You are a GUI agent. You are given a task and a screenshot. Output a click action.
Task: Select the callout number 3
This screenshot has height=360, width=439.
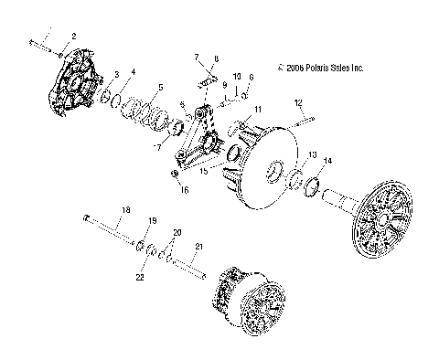116,74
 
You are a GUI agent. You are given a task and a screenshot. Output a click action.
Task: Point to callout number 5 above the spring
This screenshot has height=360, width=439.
161,88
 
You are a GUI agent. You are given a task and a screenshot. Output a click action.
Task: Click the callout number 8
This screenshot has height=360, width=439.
217,58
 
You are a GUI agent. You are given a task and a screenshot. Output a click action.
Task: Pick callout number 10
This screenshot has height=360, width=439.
237,77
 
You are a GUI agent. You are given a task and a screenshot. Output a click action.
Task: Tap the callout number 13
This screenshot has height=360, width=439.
313,155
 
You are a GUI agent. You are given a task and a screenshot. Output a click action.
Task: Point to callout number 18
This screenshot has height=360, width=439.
127,210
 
